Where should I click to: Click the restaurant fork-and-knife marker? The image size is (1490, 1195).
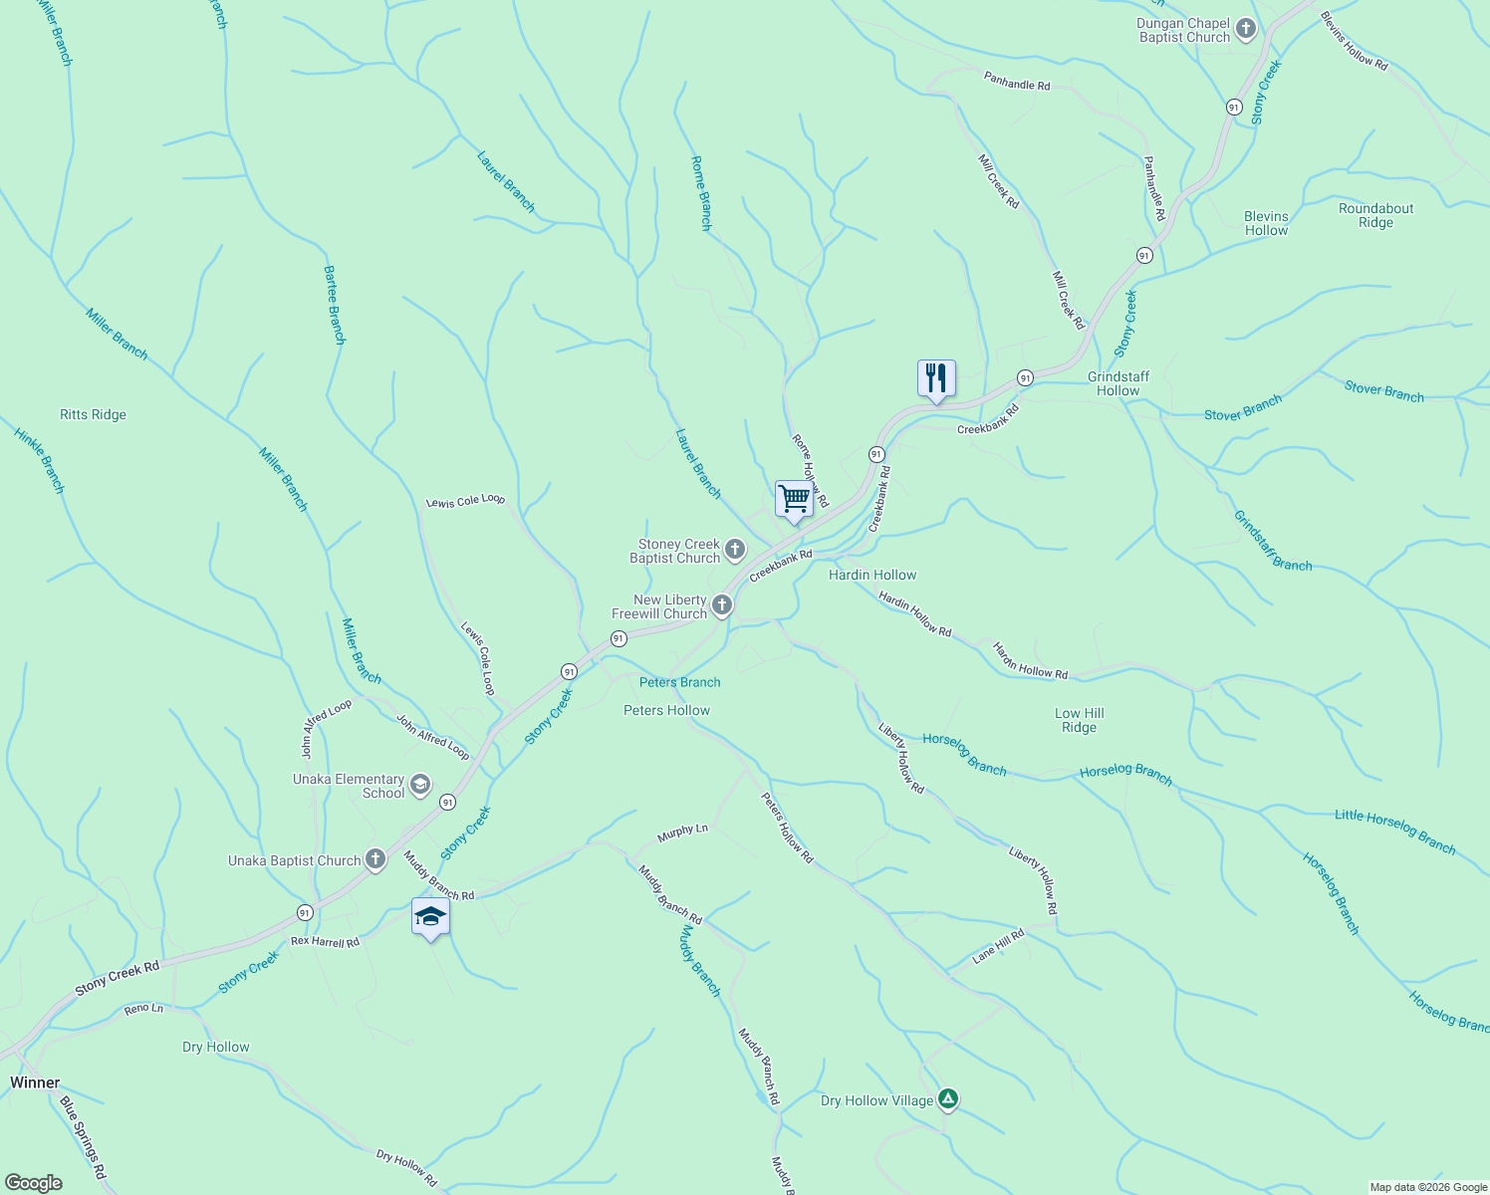click(x=935, y=378)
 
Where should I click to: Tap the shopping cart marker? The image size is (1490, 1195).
click(x=794, y=498)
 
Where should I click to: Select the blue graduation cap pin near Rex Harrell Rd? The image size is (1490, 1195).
click(x=430, y=916)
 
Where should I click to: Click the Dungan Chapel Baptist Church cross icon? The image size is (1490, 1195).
click(x=1245, y=30)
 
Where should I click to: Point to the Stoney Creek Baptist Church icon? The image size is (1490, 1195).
click(x=735, y=550)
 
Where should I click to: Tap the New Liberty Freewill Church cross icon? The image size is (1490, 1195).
click(x=722, y=605)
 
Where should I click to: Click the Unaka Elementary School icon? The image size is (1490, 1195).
click(x=420, y=785)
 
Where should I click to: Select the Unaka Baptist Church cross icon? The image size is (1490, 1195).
click(x=375, y=860)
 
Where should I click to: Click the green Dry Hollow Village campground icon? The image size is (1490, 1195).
click(x=948, y=1099)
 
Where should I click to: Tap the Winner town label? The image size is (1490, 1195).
click(x=35, y=1082)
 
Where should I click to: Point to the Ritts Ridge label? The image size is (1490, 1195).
click(x=93, y=414)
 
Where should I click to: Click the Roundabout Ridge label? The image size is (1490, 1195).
click(x=1375, y=215)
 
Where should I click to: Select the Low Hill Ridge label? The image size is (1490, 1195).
click(x=1079, y=720)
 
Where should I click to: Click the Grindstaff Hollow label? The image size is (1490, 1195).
click(x=1117, y=383)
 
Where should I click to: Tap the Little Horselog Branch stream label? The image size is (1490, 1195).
click(x=1394, y=832)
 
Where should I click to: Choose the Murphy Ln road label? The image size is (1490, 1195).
click(x=682, y=832)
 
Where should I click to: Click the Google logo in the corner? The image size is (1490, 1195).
click(x=33, y=1182)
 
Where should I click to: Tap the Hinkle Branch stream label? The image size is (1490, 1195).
click(x=39, y=460)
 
